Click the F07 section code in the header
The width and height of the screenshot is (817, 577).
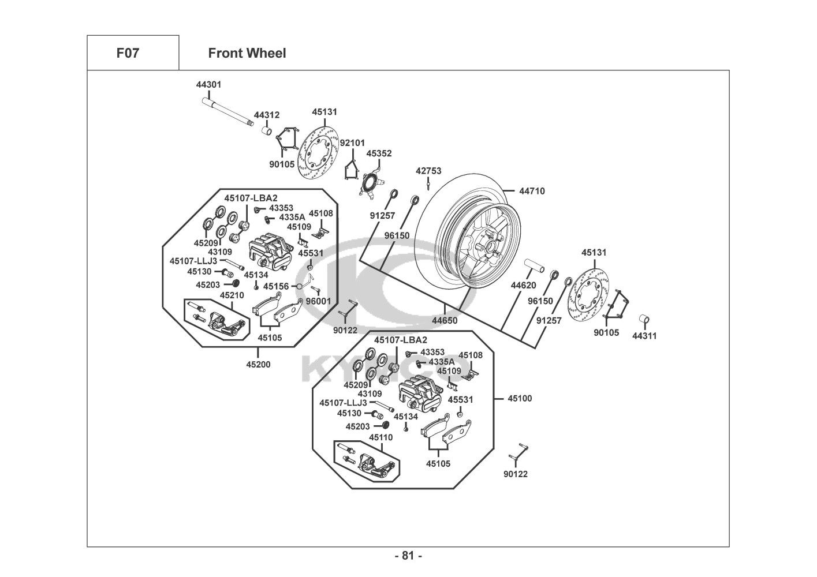click(x=128, y=54)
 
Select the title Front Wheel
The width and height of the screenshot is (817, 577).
click(x=247, y=54)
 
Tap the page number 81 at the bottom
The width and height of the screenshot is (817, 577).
click(x=408, y=556)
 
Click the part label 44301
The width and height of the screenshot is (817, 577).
click(x=208, y=85)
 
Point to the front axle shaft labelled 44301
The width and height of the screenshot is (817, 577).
click(x=228, y=112)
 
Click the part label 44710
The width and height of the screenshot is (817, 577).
click(x=532, y=191)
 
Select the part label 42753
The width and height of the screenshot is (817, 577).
click(x=428, y=171)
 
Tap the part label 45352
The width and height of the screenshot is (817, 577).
click(x=379, y=153)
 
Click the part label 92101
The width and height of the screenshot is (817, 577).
click(x=352, y=143)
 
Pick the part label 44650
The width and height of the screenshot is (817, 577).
click(x=445, y=320)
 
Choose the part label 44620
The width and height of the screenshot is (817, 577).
click(x=523, y=285)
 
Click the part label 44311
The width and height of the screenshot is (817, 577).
click(x=644, y=336)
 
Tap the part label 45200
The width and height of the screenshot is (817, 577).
click(x=258, y=364)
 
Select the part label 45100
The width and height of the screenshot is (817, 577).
click(x=520, y=398)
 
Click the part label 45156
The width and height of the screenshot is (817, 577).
click(x=275, y=286)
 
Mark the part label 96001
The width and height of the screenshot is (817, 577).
click(x=318, y=301)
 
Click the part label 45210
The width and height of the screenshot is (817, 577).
click(x=232, y=295)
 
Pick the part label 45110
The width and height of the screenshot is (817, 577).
click(x=380, y=437)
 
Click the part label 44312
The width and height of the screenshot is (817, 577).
click(x=267, y=115)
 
